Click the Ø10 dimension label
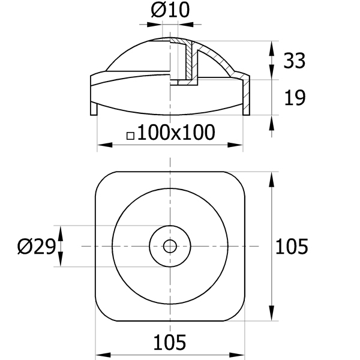(170, 10)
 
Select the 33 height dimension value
(295, 61)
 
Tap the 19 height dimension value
(295, 98)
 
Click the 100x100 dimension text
(176, 132)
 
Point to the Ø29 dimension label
(37, 247)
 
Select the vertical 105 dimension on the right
(292, 247)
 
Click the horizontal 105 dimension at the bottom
(169, 343)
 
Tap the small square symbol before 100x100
(130, 136)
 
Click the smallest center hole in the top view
(170, 246)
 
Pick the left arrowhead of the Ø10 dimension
(155, 25)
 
